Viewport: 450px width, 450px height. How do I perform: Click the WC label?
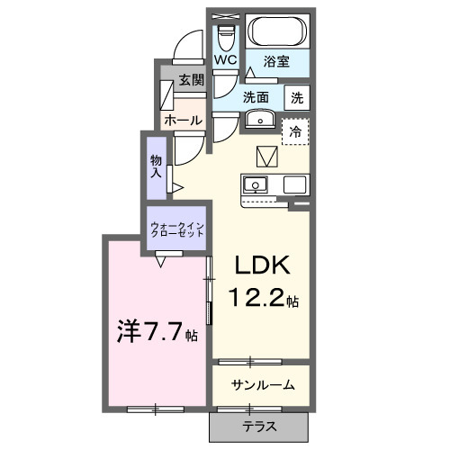pos(225,60)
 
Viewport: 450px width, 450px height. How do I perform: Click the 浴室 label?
pos(276,61)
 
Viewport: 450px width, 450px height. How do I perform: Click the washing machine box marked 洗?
pos(297,96)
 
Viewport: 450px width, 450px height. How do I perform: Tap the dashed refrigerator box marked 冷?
pos(295,131)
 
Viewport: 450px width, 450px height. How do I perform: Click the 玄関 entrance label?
pos(190,79)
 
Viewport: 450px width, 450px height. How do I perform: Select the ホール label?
pos(183,120)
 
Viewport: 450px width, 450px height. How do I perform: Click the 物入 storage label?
pos(155,164)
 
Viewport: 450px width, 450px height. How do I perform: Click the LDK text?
pos(261,266)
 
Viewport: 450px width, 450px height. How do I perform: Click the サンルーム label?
pos(263,385)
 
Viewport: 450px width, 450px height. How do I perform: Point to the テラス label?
pos(259,427)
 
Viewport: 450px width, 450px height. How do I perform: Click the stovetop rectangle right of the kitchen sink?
pos(296,185)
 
